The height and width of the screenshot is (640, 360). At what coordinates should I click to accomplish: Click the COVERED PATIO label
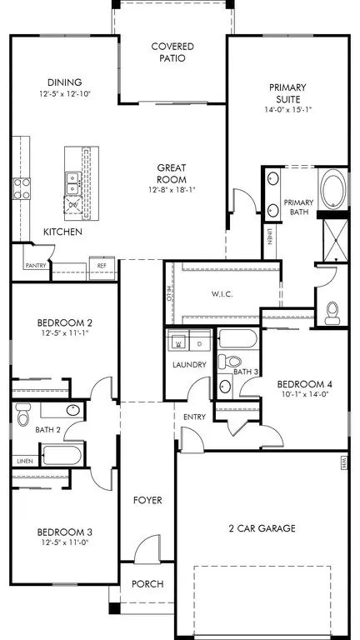(x=172, y=52)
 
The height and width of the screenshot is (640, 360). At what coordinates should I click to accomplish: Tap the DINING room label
(x=64, y=82)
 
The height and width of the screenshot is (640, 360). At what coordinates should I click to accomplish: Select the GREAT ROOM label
(x=172, y=173)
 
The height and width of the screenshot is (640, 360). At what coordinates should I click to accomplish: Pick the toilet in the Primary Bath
(x=332, y=312)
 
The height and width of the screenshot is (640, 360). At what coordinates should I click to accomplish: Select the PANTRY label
(x=35, y=265)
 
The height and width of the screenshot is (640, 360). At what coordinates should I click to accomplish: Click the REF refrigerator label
(x=102, y=266)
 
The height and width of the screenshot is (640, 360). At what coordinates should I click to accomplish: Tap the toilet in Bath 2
(x=22, y=412)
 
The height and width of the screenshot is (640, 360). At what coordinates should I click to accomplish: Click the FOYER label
(x=147, y=500)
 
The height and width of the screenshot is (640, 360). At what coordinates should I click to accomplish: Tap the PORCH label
(x=147, y=583)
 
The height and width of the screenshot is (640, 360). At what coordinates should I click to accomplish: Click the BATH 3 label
(x=244, y=372)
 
